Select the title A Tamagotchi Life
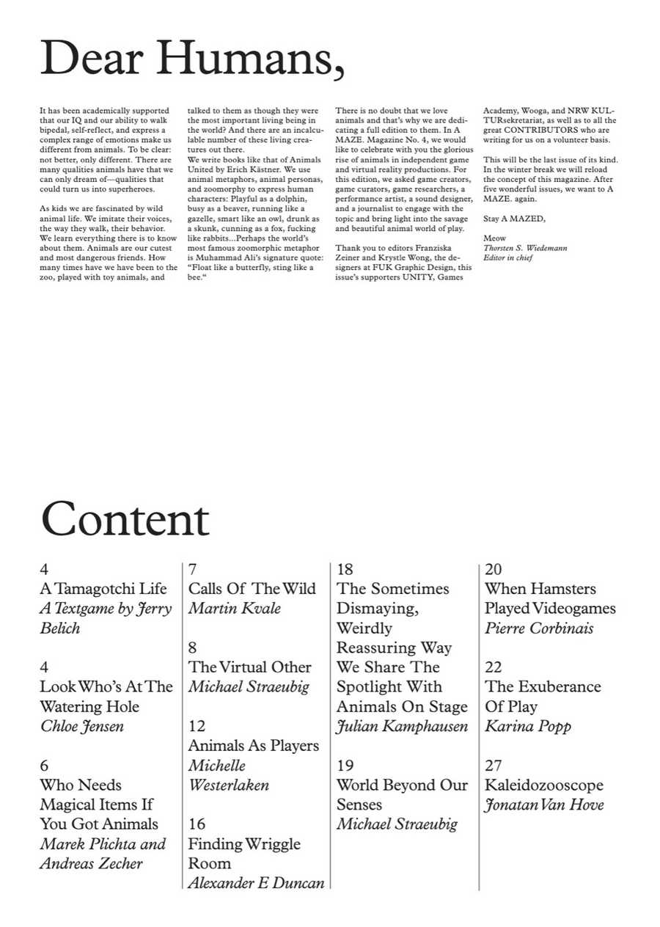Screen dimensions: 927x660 pyautogui.click(x=103, y=589)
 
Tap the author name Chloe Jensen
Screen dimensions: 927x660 pyautogui.click(x=81, y=727)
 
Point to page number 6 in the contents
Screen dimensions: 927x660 pyautogui.click(x=44, y=766)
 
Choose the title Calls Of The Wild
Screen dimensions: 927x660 pyautogui.click(x=252, y=589)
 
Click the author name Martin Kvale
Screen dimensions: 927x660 pyautogui.click(x=234, y=609)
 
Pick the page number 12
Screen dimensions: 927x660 pyautogui.click(x=197, y=726)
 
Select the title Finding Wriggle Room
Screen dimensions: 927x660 pyautogui.click(x=243, y=853)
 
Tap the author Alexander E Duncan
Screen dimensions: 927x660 pyautogui.click(x=256, y=883)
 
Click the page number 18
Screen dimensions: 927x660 pyautogui.click(x=345, y=570)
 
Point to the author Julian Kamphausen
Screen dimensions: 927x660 pyautogui.click(x=402, y=727)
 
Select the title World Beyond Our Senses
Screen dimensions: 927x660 pyautogui.click(x=402, y=794)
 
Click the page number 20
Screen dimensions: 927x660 pyautogui.click(x=494, y=570)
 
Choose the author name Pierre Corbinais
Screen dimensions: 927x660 pyautogui.click(x=539, y=629)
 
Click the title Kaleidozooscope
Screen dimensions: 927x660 pyautogui.click(x=543, y=785)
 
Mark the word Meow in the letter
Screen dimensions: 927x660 pyautogui.click(x=494, y=238)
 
